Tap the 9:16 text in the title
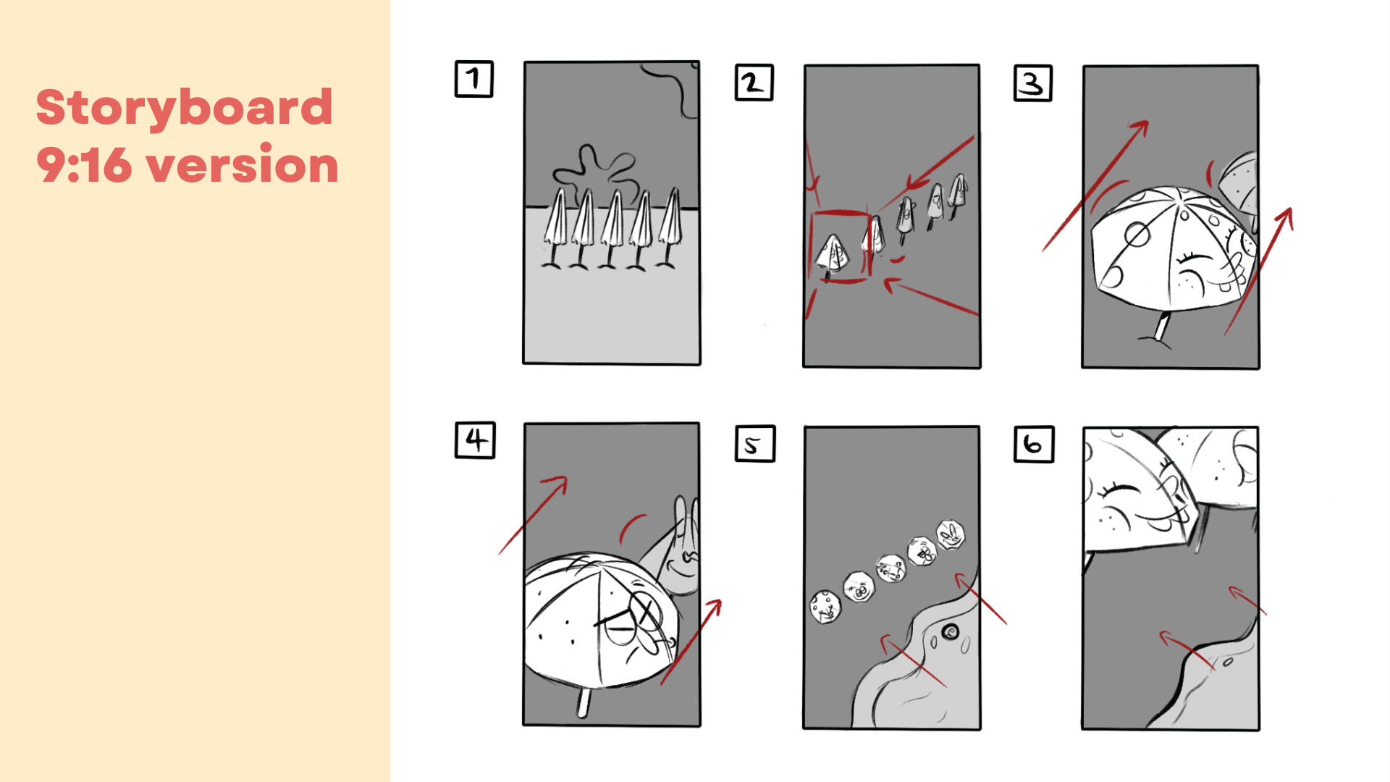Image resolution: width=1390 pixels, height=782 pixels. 84,164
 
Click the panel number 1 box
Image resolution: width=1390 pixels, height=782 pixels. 474,79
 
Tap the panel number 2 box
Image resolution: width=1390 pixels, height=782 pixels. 754,83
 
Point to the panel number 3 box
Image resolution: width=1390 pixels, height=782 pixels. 1033,83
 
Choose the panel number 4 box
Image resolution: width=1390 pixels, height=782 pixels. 475,440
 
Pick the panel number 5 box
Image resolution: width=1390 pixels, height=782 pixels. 755,444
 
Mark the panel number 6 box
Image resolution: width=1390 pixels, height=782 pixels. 1034,444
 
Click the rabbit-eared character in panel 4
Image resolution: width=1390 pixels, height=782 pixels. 677,554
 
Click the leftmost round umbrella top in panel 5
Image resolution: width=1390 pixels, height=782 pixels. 825,606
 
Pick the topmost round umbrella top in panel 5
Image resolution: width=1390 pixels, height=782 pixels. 951,534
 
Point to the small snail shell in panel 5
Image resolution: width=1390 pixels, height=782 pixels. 950,632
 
